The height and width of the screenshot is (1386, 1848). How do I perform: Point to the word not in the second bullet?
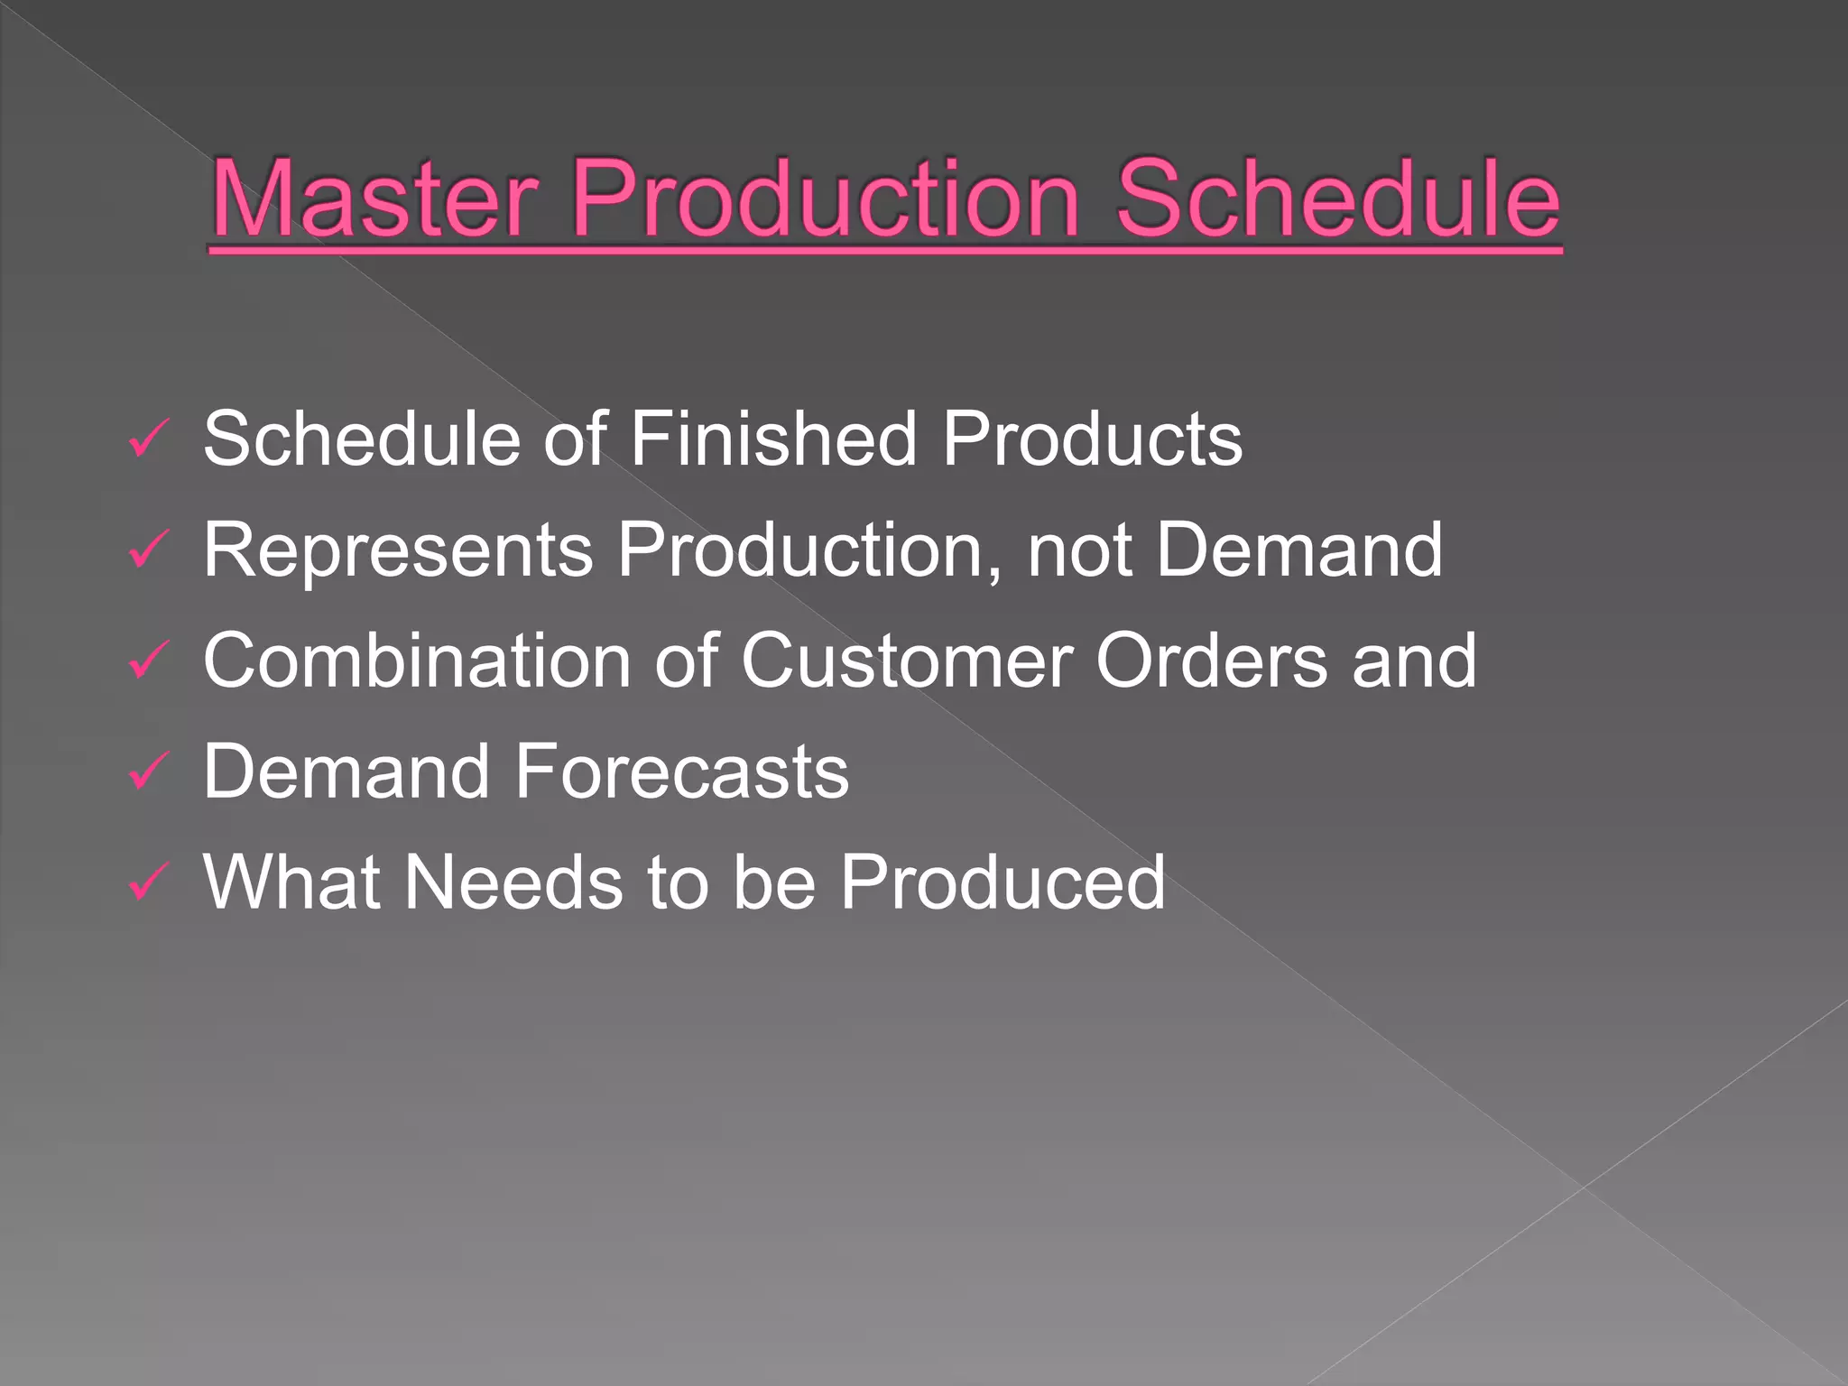tap(1079, 551)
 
